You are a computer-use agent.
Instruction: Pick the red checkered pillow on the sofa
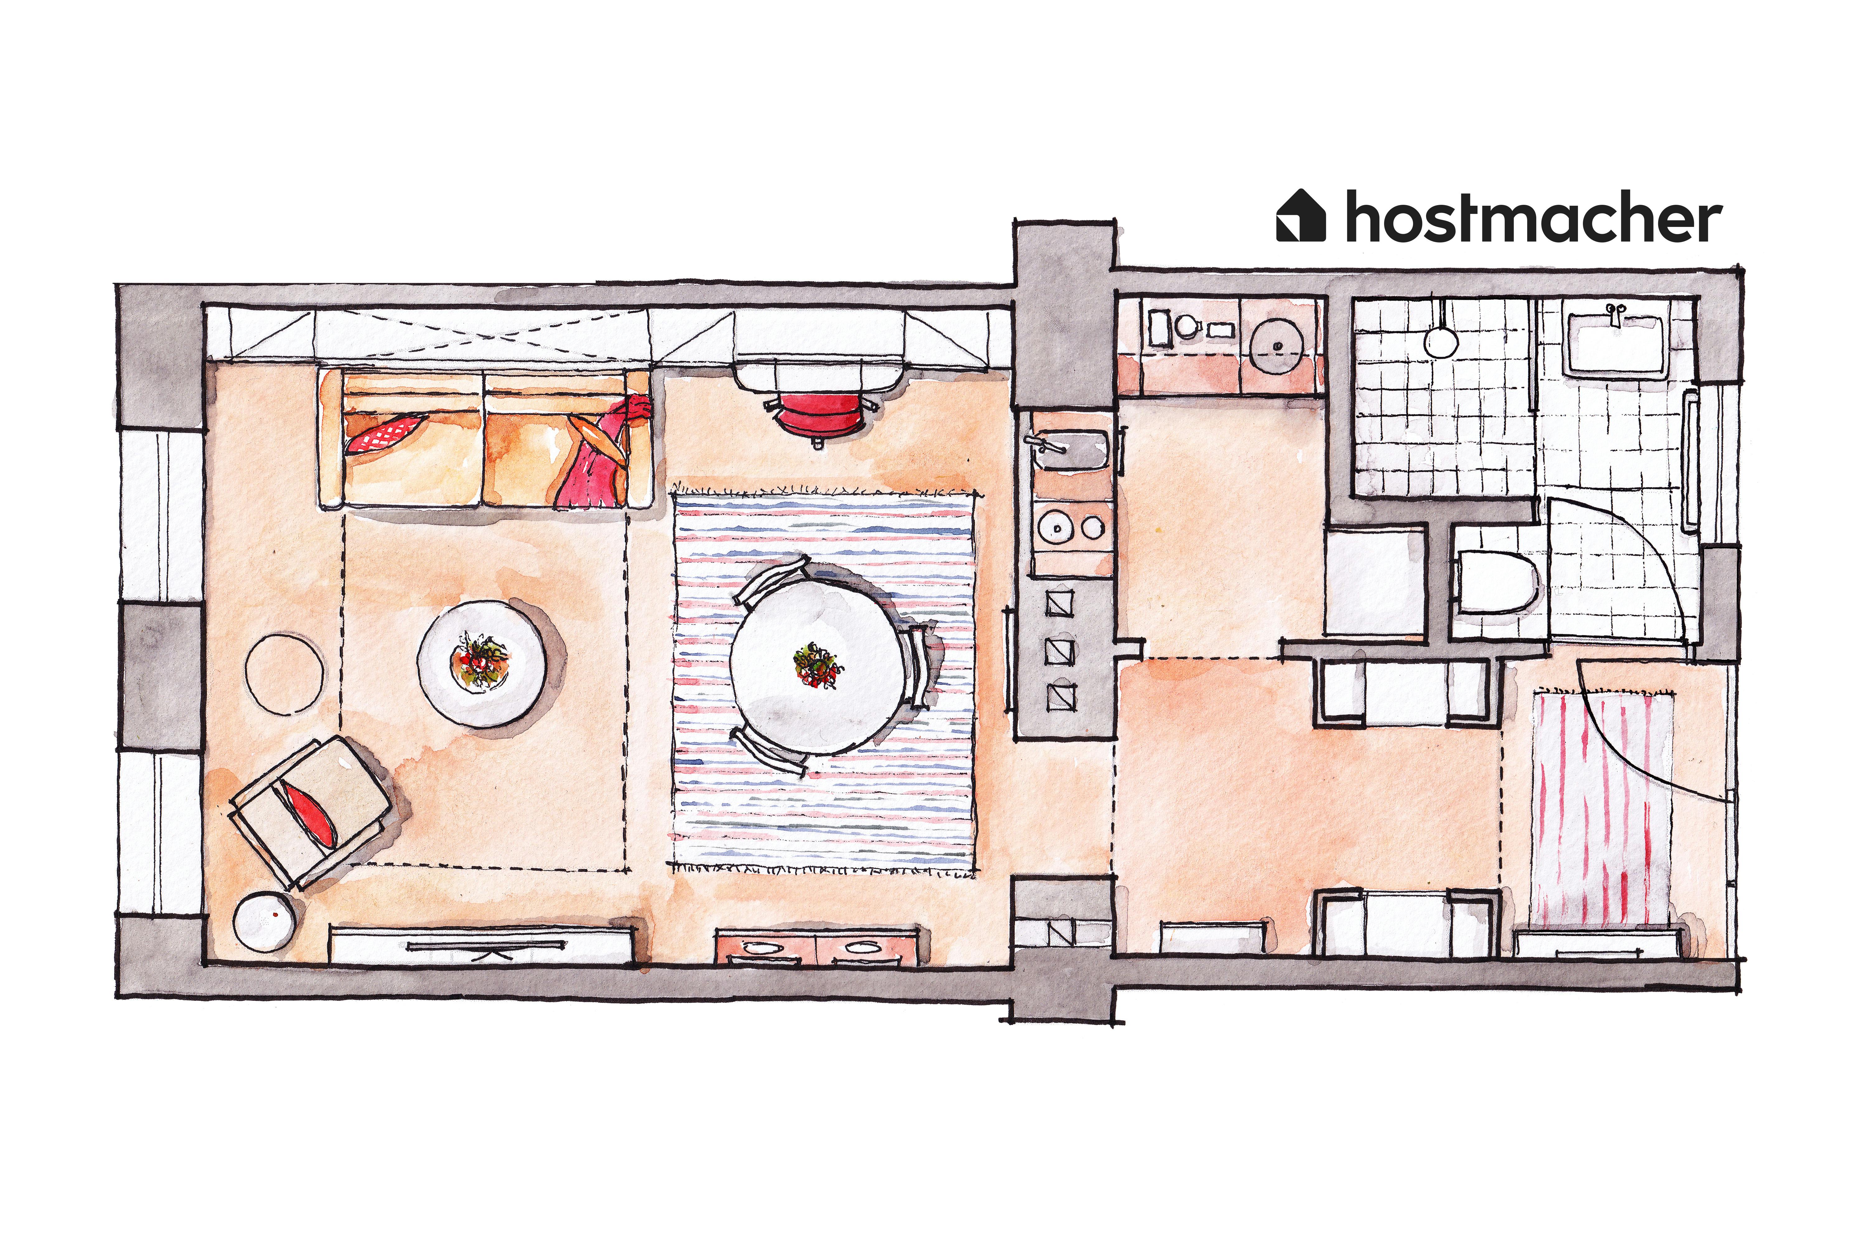click(x=385, y=433)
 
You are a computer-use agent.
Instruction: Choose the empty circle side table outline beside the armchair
click(x=284, y=671)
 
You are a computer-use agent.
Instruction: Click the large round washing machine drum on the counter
click(x=1278, y=346)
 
